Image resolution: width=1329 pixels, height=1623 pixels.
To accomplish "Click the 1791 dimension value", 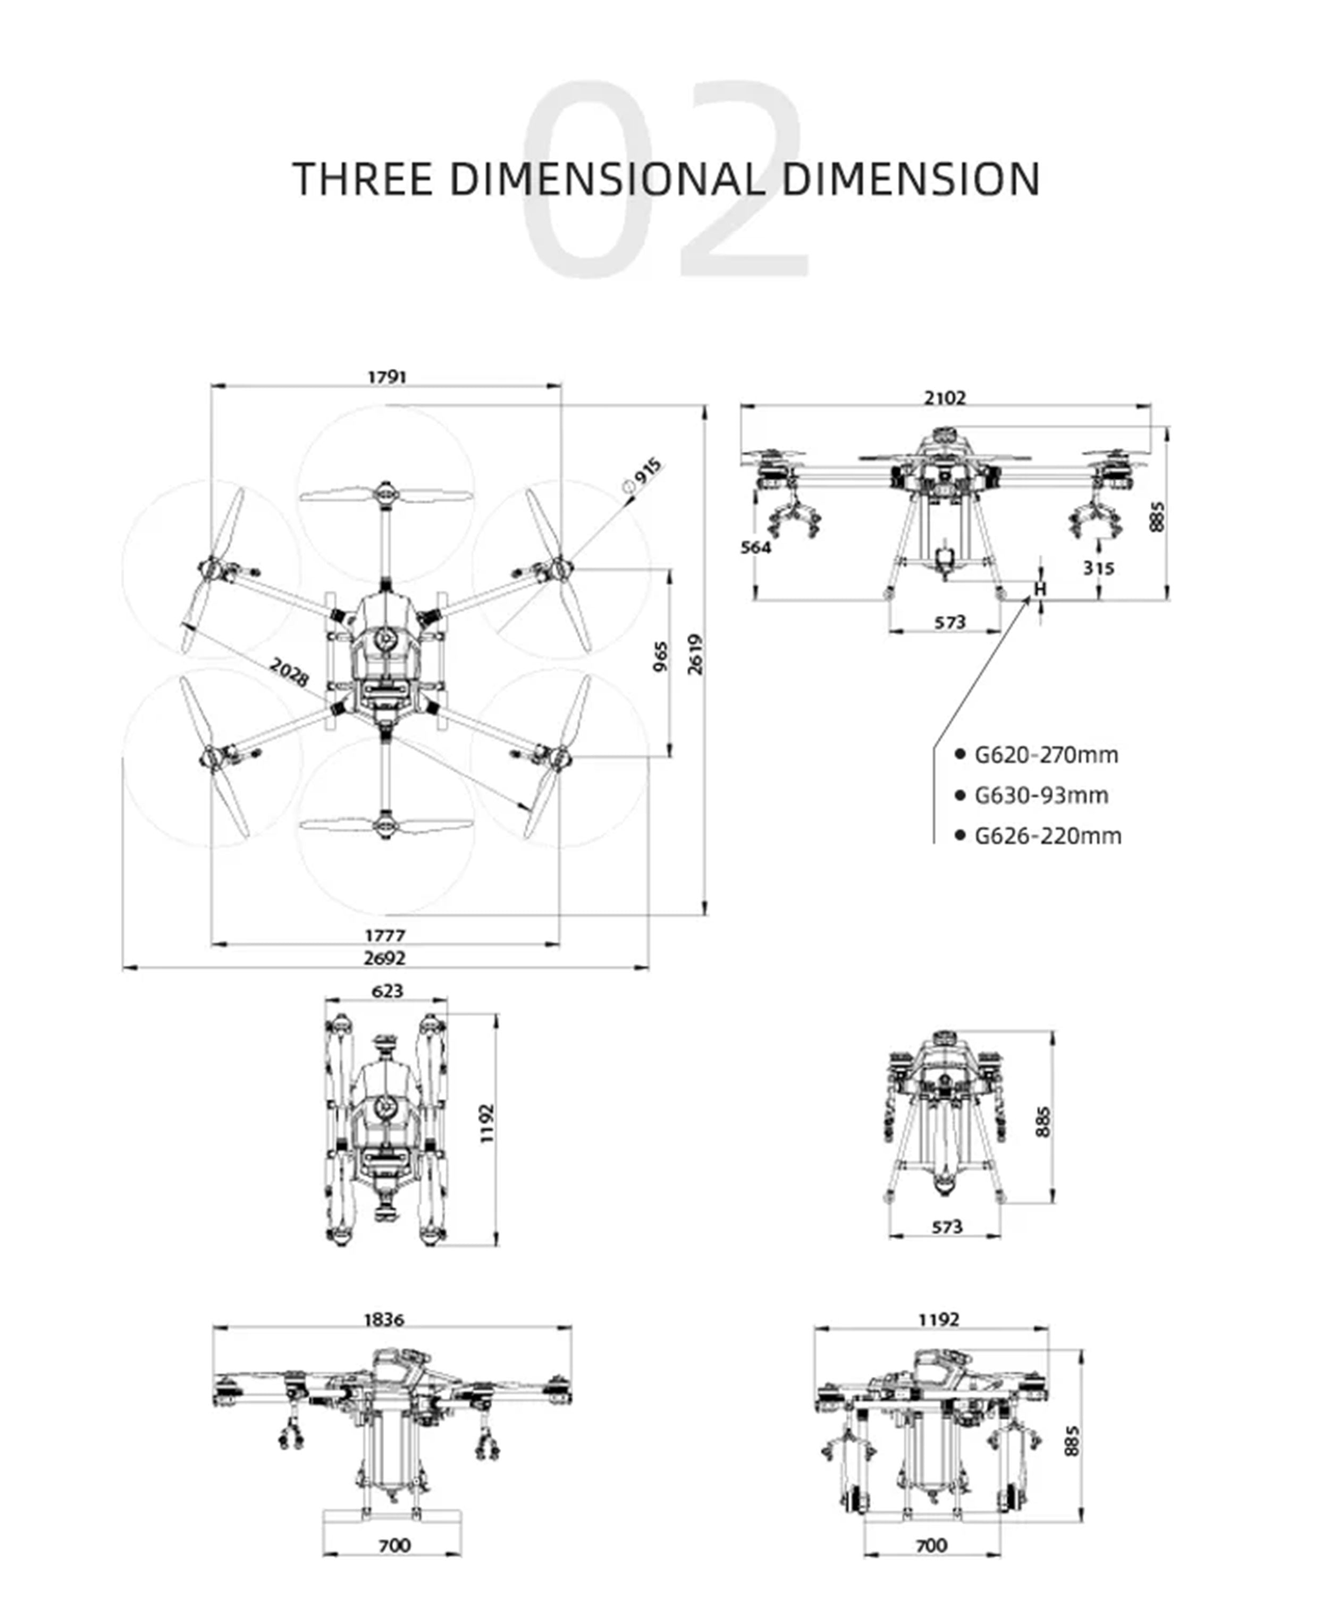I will [388, 377].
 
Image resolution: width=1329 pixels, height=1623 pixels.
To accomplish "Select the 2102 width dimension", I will [945, 398].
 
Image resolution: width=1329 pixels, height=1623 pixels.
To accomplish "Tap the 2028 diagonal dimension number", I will [289, 671].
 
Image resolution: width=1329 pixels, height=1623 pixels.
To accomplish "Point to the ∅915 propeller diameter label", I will [643, 475].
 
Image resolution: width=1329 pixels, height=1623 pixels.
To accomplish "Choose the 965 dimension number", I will [660, 657].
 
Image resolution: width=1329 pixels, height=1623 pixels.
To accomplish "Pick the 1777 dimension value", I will [385, 936].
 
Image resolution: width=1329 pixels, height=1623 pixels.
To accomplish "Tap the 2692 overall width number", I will [385, 958].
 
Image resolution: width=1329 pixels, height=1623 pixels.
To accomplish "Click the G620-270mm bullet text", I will [1046, 755].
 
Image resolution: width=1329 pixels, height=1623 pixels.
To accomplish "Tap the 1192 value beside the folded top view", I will [487, 1124].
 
